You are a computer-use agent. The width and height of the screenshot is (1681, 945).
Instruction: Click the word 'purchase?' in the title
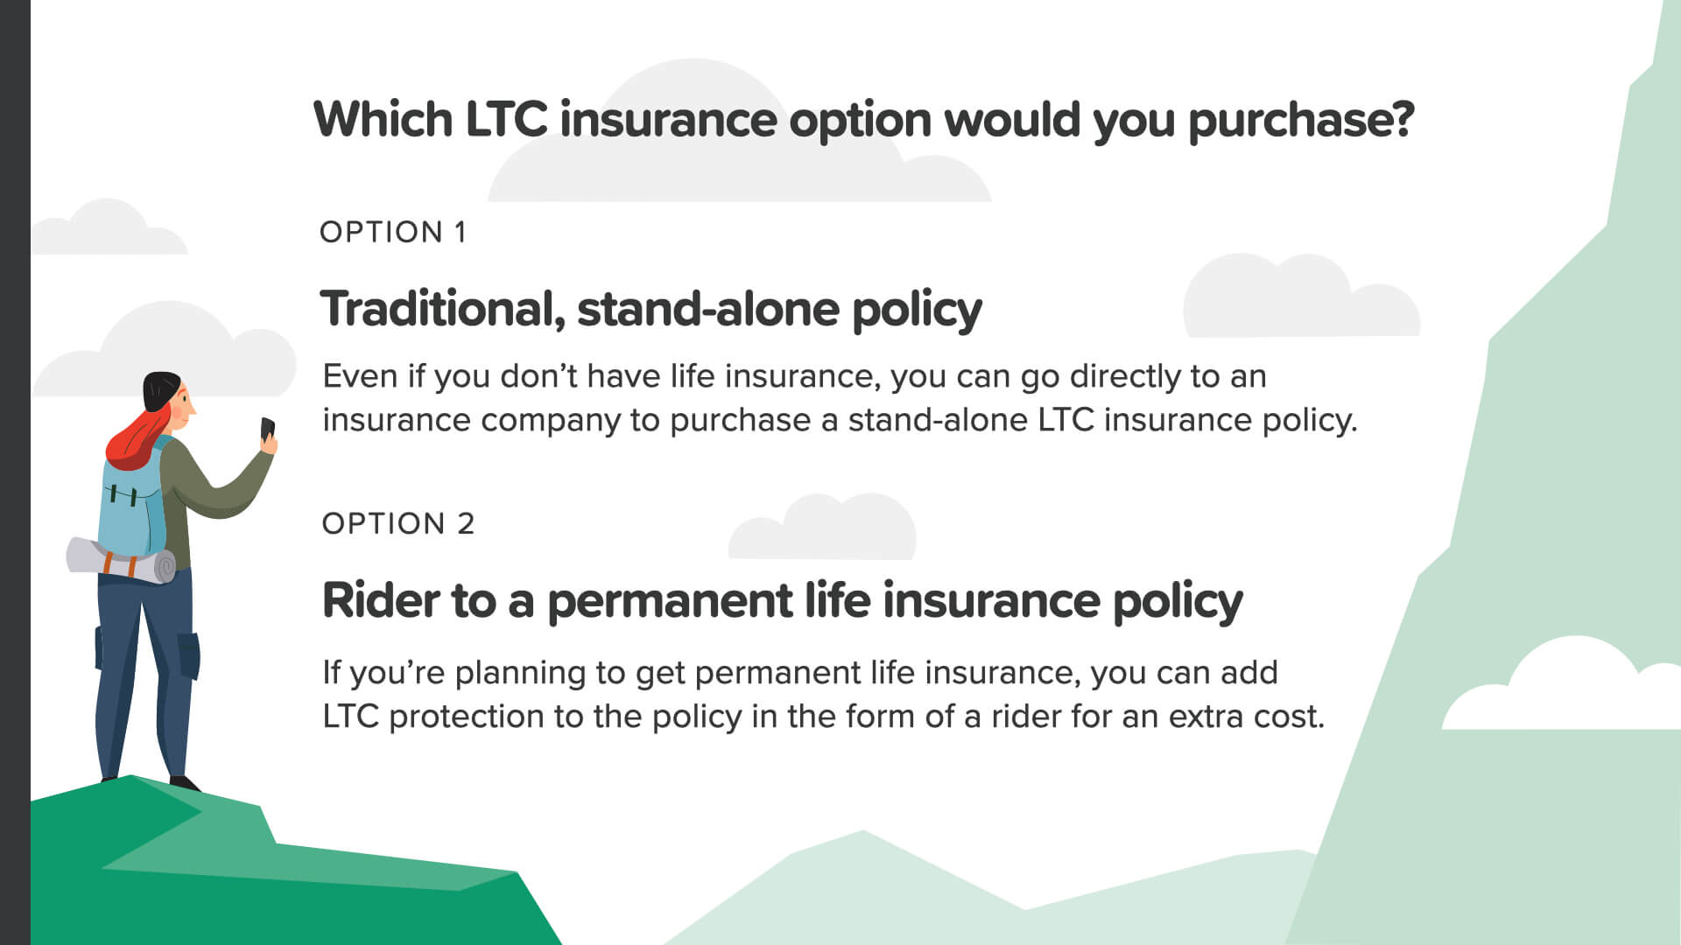(x=1301, y=121)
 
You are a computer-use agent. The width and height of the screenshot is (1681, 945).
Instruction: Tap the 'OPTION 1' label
(x=393, y=232)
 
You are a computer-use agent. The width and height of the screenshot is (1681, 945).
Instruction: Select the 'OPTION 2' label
(x=398, y=523)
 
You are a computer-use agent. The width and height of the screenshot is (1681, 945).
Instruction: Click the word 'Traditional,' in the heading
(x=443, y=309)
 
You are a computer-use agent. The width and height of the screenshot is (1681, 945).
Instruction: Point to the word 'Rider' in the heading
(x=381, y=600)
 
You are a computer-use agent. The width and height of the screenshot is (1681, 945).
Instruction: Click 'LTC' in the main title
(x=506, y=119)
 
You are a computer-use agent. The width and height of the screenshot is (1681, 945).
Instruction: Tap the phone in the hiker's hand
(x=268, y=430)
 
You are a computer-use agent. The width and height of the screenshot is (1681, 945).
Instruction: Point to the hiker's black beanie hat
(x=161, y=389)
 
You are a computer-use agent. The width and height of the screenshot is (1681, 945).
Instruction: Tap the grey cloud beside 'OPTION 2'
(x=822, y=527)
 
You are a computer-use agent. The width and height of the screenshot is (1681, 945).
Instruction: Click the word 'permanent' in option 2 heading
(x=670, y=602)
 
